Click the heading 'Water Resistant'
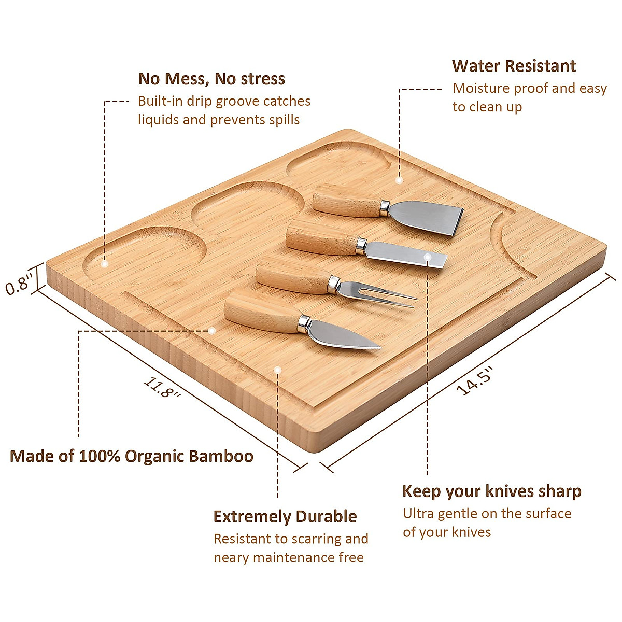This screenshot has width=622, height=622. [514, 66]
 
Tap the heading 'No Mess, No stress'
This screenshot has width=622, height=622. [211, 79]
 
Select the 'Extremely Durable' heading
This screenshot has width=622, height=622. [285, 516]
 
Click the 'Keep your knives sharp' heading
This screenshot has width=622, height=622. [491, 491]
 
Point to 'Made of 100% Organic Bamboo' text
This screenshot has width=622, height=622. [132, 456]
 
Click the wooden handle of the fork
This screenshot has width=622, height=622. [292, 274]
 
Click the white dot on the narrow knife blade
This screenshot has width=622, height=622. [428, 257]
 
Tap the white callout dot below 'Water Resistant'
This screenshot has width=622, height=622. [399, 180]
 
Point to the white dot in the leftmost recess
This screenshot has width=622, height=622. [104, 264]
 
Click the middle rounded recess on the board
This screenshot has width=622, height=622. [248, 205]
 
